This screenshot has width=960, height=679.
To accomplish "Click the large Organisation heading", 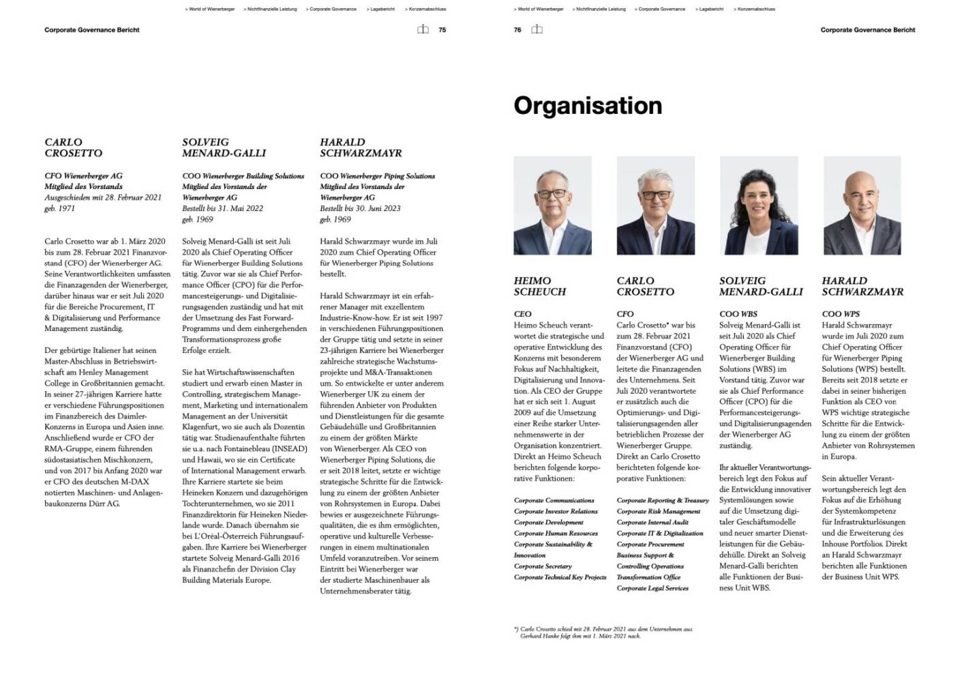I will point(588,106).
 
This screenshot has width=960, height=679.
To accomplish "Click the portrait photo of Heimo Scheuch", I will point(552,205).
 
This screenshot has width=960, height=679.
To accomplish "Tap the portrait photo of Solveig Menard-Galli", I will point(759,205).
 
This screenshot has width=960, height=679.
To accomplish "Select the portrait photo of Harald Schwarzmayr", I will point(862,205).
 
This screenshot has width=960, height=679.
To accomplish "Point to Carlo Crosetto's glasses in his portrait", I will point(655,194).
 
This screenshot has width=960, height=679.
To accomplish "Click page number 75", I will point(442,30).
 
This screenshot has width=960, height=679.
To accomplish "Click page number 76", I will point(517,30).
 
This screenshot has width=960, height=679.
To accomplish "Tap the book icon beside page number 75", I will point(423,30).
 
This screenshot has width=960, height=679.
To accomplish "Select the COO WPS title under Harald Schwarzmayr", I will point(841,314).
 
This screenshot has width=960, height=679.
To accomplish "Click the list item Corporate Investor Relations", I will point(556,511).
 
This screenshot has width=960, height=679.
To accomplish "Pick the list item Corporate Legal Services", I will point(652,588).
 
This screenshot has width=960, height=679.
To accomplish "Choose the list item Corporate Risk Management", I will point(659,511).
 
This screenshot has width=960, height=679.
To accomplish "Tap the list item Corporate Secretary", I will point(543,566).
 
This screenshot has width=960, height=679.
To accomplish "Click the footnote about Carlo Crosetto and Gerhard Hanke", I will point(603,633).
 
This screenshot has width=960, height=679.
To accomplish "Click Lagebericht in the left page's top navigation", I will point(382,10).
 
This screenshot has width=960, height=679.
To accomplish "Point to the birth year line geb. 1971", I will point(60,209).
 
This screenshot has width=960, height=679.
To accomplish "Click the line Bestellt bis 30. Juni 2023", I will point(360,209).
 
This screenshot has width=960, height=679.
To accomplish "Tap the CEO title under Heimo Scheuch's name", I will point(522,314).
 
